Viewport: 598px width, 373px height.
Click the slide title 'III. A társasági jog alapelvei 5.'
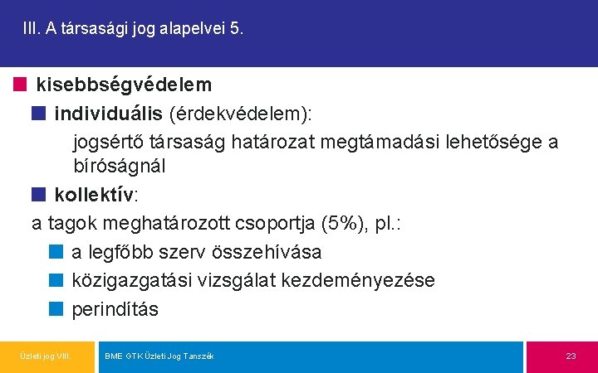(x=134, y=29)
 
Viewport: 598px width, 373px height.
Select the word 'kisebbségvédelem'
(x=124, y=85)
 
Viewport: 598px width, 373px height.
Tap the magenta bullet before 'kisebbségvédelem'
(x=20, y=84)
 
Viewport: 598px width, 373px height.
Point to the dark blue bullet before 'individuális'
(x=39, y=111)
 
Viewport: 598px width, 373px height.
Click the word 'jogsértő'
(x=107, y=142)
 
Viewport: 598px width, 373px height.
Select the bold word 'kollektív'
(x=94, y=196)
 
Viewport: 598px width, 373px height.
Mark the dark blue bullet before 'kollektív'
(x=39, y=195)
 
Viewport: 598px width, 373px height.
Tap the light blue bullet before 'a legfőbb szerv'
(x=56, y=251)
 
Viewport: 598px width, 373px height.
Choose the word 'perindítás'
(x=115, y=309)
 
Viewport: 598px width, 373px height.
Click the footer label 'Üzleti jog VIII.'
(x=46, y=356)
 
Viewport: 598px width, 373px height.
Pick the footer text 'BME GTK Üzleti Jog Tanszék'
(x=159, y=356)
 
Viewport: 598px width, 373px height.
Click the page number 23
(x=571, y=356)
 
